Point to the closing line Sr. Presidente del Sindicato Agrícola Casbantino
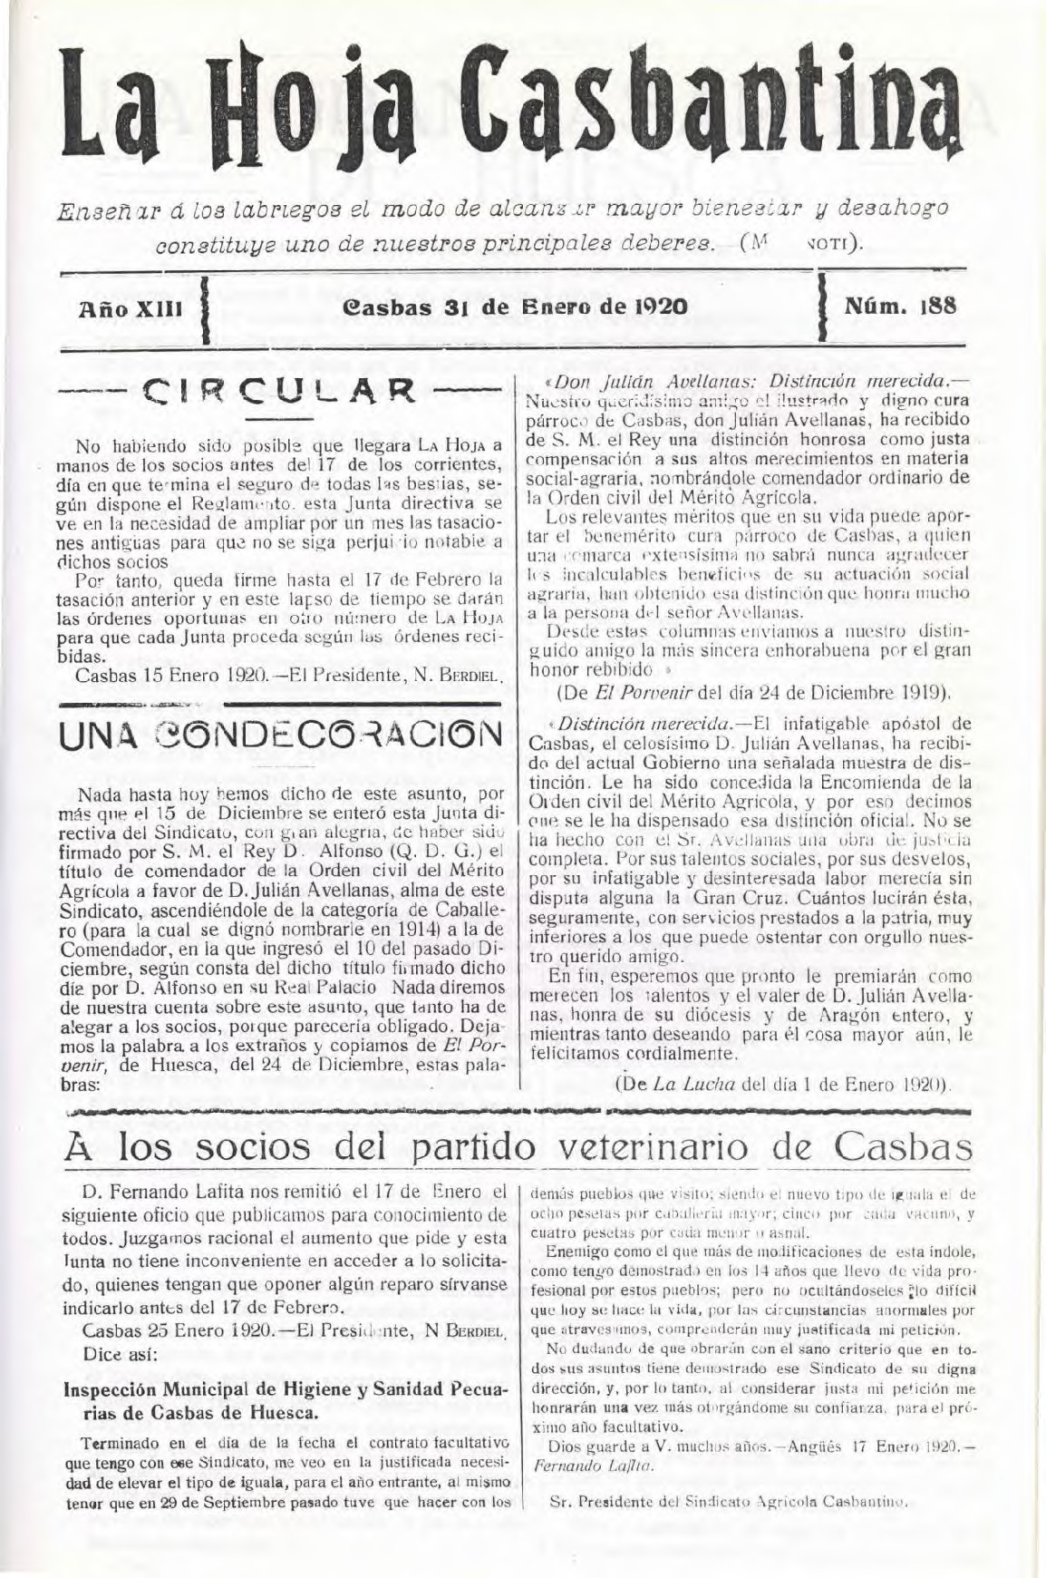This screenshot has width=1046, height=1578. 729,1500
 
